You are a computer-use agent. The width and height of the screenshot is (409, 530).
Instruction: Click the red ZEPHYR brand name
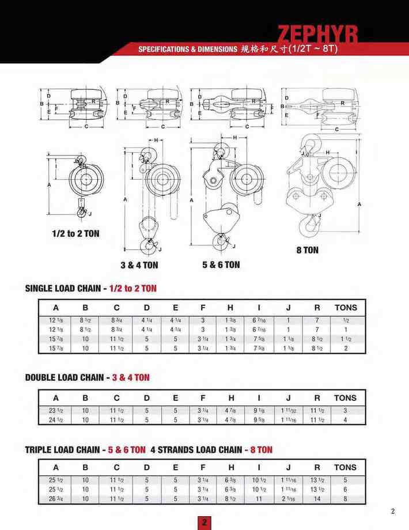pyautogui.click(x=318, y=35)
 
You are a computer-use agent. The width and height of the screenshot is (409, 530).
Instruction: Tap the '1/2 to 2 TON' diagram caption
pyautogui.click(x=75, y=233)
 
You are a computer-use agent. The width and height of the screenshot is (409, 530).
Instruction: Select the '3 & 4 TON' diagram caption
pyautogui.click(x=139, y=265)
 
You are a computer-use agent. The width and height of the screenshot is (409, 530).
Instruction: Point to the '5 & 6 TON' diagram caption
pyautogui.click(x=221, y=264)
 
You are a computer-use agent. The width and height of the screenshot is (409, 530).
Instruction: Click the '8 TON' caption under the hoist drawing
pyautogui.click(x=307, y=250)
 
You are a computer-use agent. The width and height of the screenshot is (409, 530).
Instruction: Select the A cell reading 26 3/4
pyautogui.click(x=55, y=498)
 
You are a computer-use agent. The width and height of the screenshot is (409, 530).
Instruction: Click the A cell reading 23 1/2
pyautogui.click(x=56, y=411)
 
